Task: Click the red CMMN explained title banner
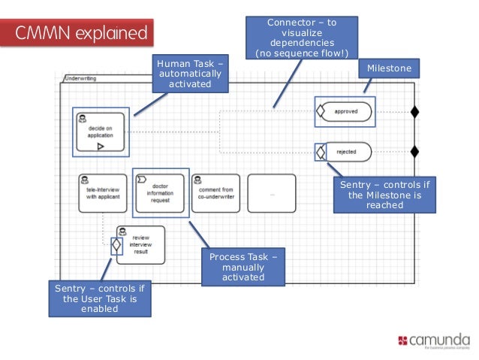coord(83,33)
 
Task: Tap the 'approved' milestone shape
coord(346,112)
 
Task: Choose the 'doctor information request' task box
coord(160,193)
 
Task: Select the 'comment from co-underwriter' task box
coord(216,193)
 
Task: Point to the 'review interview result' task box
coord(140,245)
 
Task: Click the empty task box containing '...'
coord(272,193)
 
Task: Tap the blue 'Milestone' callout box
coord(388,69)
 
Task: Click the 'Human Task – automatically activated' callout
coord(189,74)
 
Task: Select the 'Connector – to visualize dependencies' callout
coord(302,38)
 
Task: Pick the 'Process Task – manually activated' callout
coord(243,268)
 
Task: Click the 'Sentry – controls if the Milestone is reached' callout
coord(385,195)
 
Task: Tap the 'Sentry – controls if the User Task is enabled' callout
coord(99,298)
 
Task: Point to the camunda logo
coord(434,341)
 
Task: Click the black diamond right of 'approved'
coord(414,112)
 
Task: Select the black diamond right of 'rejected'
coord(414,152)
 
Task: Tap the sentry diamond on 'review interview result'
coord(116,245)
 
